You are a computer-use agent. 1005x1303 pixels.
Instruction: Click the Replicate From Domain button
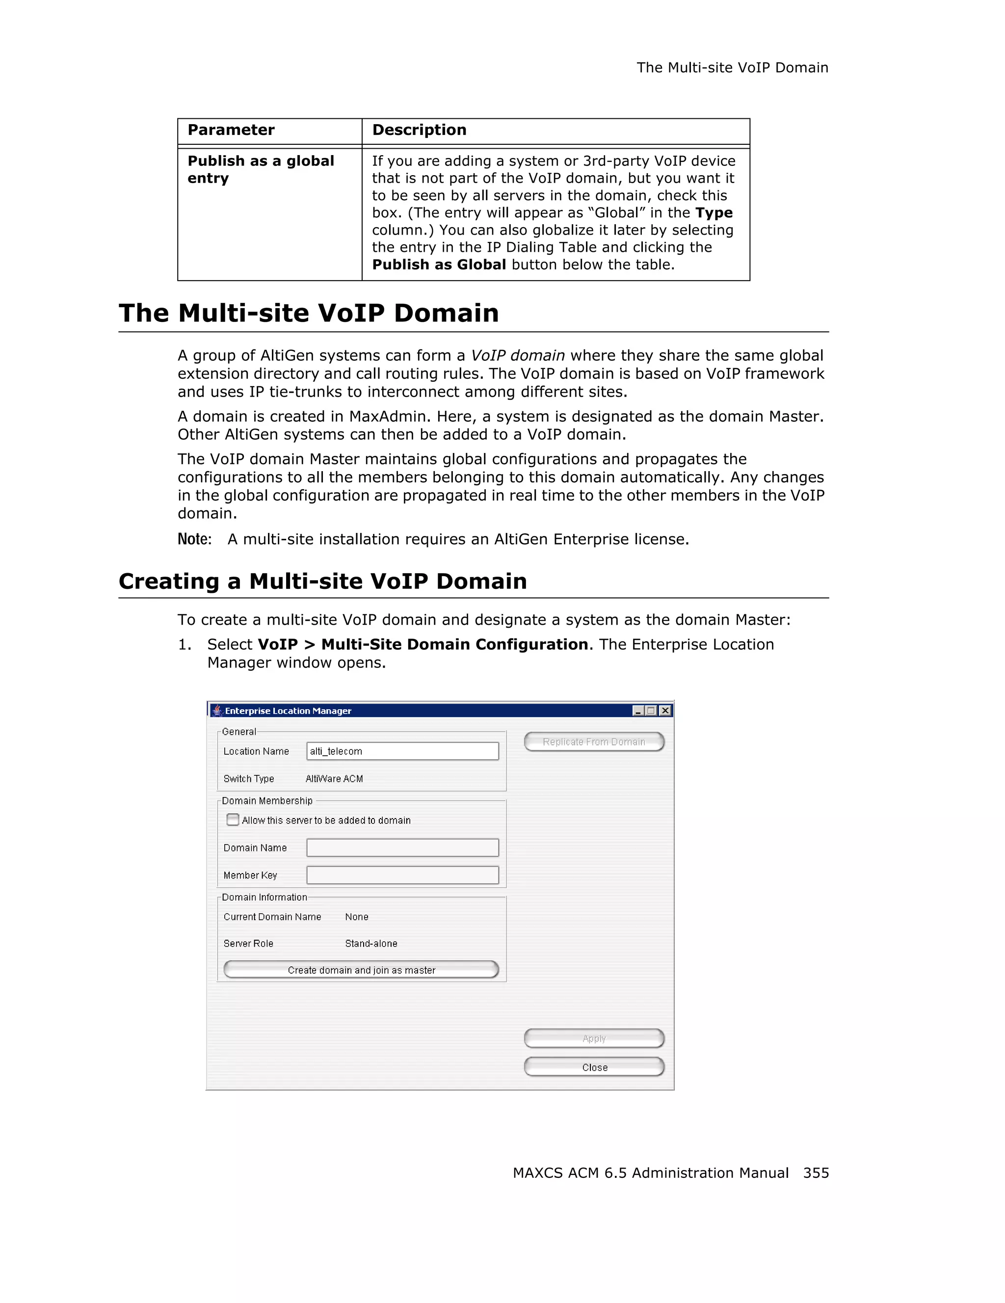pyautogui.click(x=593, y=742)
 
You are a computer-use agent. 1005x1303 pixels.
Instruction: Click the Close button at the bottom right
pyautogui.click(x=594, y=1067)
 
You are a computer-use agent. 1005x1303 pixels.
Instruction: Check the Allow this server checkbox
pyautogui.click(x=233, y=820)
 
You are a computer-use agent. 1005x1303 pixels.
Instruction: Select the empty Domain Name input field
pyautogui.click(x=402, y=848)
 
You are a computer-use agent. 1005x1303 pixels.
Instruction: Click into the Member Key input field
pyautogui.click(x=402, y=875)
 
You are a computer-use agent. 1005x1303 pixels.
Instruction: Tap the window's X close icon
pyautogui.click(x=665, y=711)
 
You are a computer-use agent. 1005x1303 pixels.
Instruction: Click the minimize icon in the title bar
pyautogui.click(x=638, y=711)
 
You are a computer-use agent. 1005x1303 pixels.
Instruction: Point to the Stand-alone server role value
pyautogui.click(x=371, y=943)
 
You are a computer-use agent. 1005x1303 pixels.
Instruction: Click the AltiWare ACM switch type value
pyautogui.click(x=334, y=778)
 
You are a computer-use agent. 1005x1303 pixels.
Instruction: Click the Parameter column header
pyautogui.click(x=231, y=130)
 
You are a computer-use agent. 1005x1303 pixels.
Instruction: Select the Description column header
pyautogui.click(x=419, y=130)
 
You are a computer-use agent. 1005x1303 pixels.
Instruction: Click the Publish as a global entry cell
pyautogui.click(x=261, y=169)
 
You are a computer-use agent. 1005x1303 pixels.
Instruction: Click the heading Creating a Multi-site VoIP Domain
pyautogui.click(x=323, y=581)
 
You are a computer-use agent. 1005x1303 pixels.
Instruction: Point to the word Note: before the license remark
pyautogui.click(x=194, y=539)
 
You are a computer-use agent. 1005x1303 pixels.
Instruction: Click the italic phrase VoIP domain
pyautogui.click(x=517, y=356)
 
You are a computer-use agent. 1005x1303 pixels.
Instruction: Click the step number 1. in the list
pyautogui.click(x=185, y=645)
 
